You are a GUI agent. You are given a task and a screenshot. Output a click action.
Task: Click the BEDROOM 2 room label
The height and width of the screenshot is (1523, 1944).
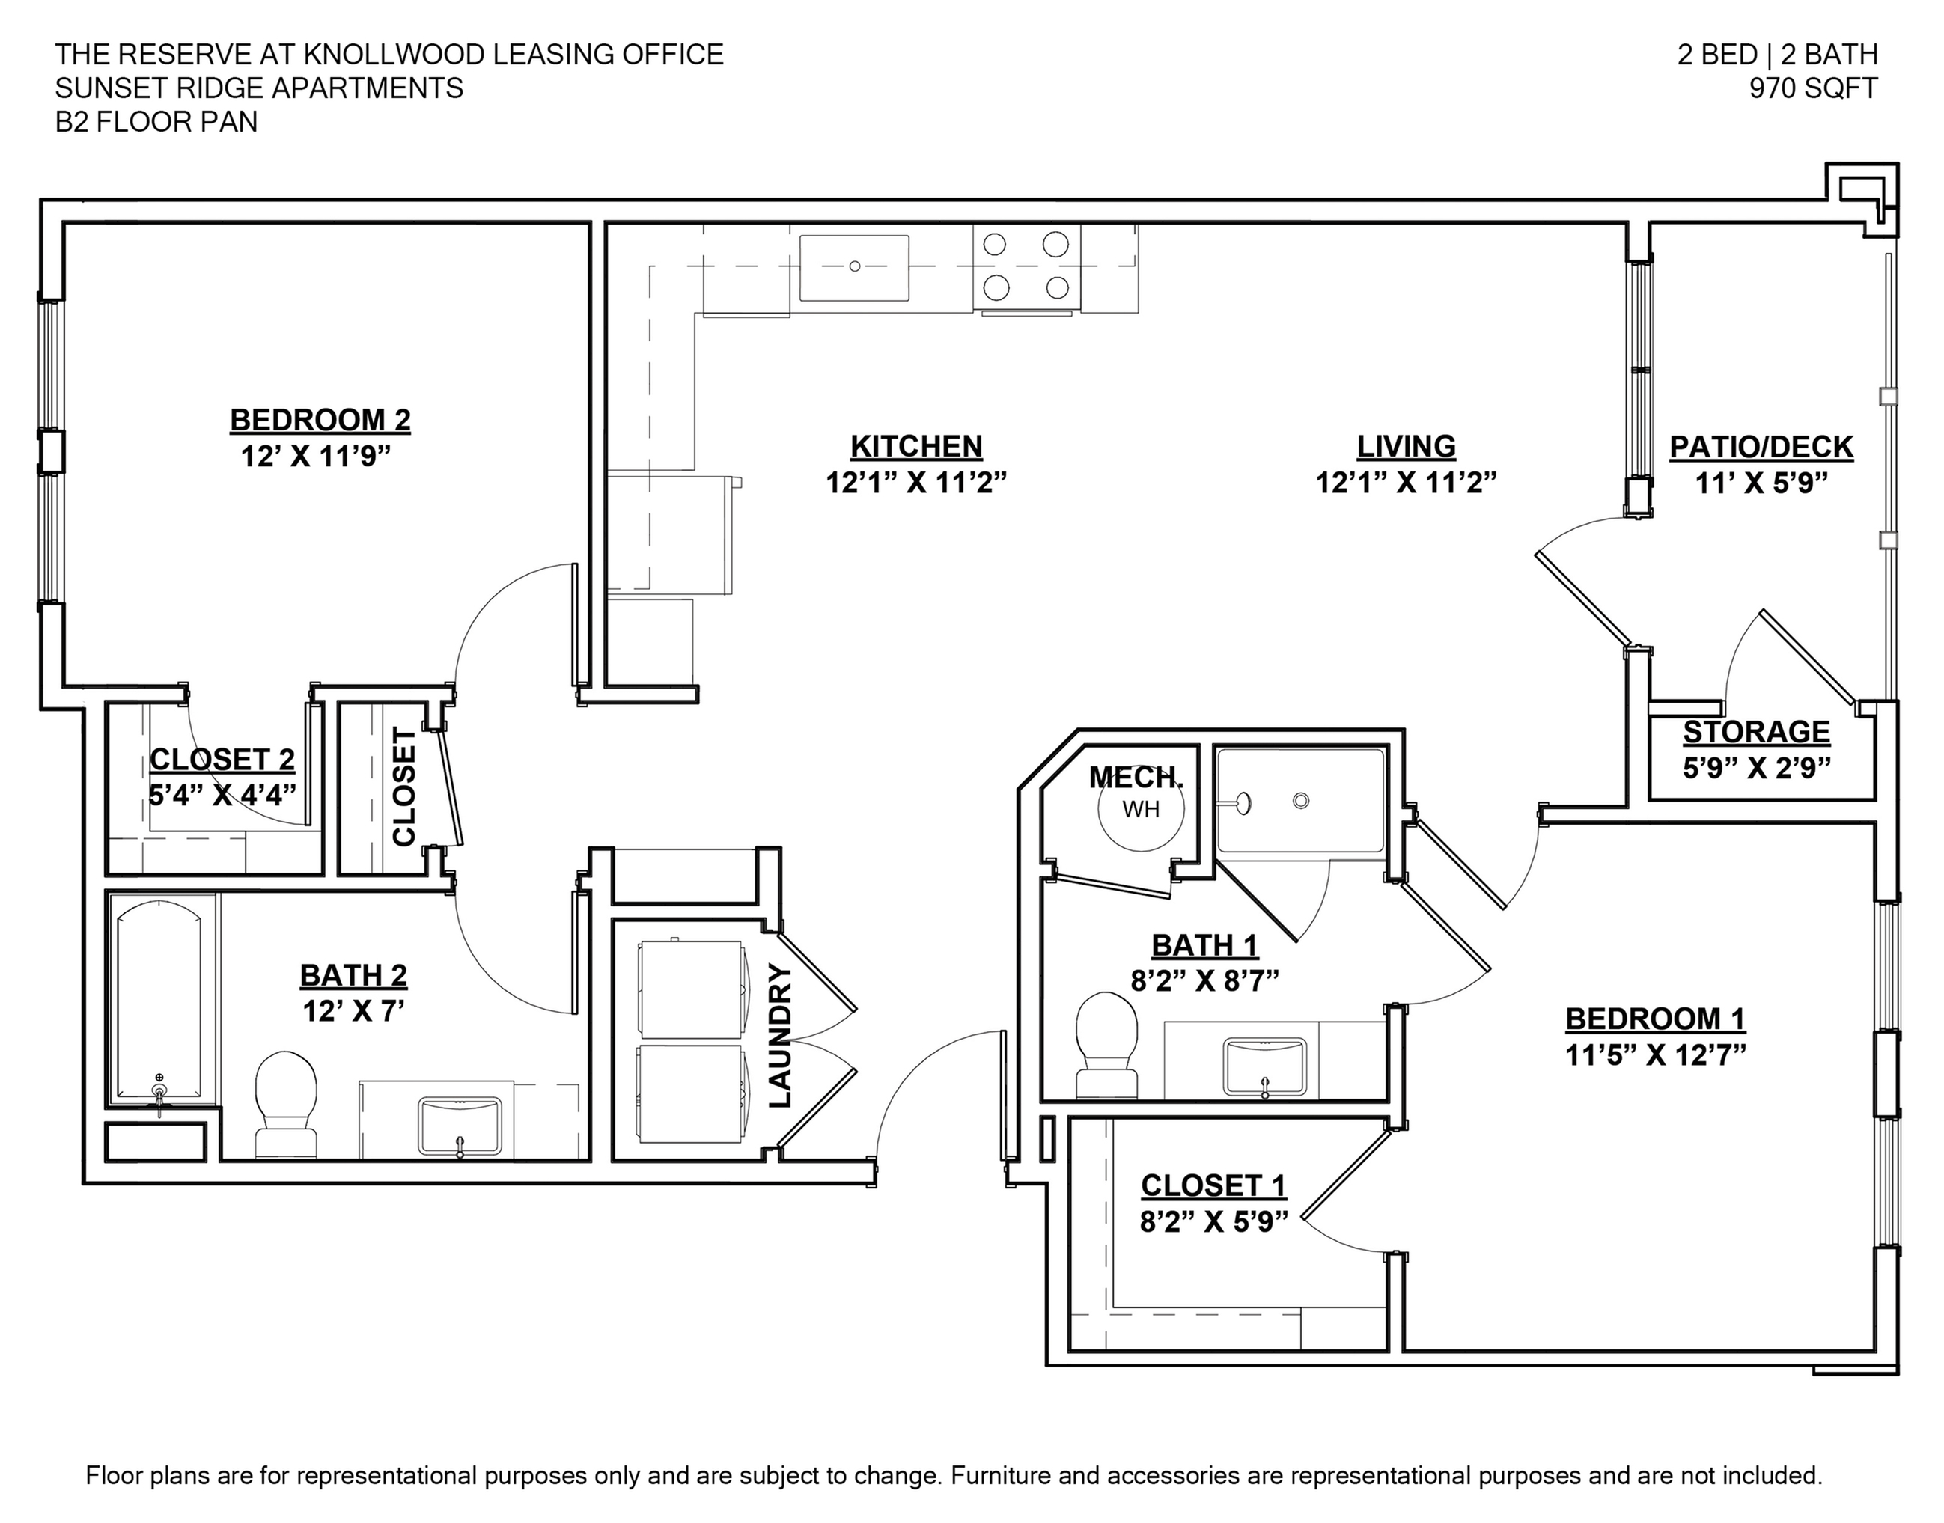coord(320,420)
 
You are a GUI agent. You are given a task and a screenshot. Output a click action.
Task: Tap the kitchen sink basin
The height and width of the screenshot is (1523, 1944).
coord(853,267)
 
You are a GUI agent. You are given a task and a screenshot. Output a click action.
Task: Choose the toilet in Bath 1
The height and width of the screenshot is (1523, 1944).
coord(1106,1046)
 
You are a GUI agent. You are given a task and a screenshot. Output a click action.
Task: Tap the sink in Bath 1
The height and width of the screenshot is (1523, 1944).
coord(1264,1066)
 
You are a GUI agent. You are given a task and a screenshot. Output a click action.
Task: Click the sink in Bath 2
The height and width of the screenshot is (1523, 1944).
coord(460,1127)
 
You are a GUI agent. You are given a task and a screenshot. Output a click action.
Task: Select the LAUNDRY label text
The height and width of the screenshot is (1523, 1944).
coord(778,1036)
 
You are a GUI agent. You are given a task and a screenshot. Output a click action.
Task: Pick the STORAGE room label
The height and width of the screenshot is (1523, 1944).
coord(1756,732)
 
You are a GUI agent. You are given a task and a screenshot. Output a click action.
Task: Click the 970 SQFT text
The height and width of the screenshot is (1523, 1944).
coord(1813,88)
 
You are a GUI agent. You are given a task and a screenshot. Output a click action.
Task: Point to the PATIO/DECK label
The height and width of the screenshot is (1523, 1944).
coord(1761,447)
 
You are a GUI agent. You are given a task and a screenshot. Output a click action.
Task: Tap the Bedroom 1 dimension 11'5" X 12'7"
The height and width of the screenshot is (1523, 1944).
coord(1655,1054)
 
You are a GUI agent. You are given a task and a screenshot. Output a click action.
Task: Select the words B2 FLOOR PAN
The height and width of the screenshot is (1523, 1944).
coord(156,122)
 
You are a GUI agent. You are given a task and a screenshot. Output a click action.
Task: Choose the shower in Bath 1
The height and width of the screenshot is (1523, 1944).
coord(1301,801)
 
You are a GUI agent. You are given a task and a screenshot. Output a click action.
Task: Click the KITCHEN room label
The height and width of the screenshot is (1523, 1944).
coord(915,446)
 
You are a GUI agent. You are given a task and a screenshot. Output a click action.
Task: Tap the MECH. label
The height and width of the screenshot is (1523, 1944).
coord(1136,778)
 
